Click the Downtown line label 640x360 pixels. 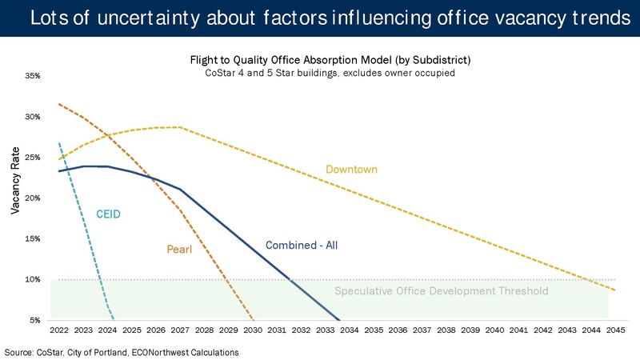[351, 170]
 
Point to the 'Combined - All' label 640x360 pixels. [301, 245]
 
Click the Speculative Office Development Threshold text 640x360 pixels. [441, 291]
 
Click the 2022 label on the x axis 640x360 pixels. [59, 330]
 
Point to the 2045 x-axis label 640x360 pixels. [615, 330]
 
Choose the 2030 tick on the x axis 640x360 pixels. [253, 330]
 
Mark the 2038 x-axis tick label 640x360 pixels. [446, 330]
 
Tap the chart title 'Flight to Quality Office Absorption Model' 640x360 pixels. [329, 60]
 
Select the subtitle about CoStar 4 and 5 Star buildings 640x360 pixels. [329, 74]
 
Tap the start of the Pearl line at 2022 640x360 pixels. [59, 104]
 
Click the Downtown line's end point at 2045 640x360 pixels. [615, 289]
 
